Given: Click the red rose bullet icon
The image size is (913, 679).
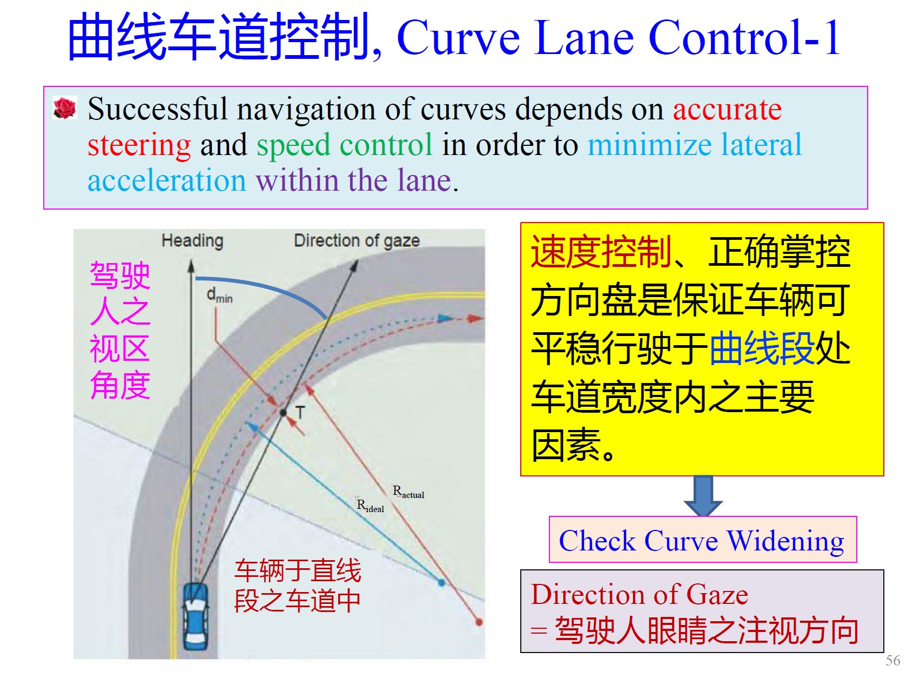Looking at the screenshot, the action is [x=65, y=108].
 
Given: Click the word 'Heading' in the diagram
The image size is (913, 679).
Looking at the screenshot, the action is [x=192, y=241].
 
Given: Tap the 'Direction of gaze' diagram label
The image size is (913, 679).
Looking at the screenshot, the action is [x=357, y=240].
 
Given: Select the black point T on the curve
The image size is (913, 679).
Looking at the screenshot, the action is [x=283, y=412].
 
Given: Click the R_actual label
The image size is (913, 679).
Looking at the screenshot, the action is [x=408, y=492].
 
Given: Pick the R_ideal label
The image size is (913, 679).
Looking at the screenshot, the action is [x=370, y=506].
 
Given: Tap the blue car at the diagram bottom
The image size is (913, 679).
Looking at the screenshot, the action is [x=196, y=616].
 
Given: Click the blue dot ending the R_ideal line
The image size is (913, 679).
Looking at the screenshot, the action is [x=441, y=583].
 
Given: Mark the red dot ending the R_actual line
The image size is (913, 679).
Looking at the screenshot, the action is [x=479, y=622].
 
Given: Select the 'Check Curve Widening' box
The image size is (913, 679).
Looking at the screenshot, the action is [x=703, y=540].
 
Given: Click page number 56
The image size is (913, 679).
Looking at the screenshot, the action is [x=893, y=661].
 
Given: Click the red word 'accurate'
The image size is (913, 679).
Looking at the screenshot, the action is [x=727, y=110].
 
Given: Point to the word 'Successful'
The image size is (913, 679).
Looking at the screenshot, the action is [x=157, y=109].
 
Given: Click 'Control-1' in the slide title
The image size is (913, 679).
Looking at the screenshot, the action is [x=744, y=37].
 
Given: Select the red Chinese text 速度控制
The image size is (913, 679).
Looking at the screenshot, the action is [x=601, y=252].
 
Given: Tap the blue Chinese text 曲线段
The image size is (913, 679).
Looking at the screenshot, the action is [x=762, y=348].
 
